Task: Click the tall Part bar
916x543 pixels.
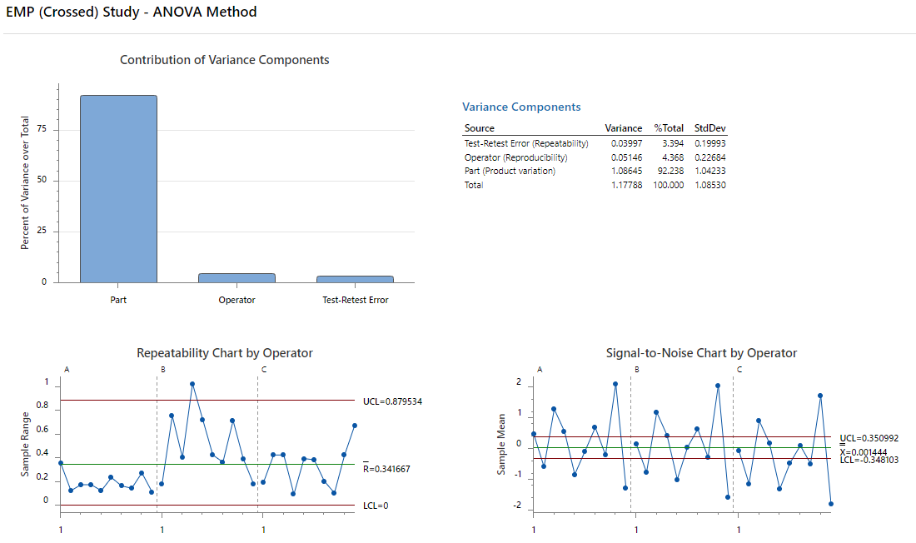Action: [x=118, y=189]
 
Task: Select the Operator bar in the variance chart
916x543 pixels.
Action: [x=236, y=277]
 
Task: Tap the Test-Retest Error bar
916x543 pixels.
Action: [x=355, y=279]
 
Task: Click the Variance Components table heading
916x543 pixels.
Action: [x=521, y=107]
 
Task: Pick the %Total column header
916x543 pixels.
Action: [x=668, y=128]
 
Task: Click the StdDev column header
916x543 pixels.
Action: [x=709, y=128]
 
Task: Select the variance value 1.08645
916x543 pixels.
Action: [x=625, y=171]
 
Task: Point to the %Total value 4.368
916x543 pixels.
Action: [x=672, y=157]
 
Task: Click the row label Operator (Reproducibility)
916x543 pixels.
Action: [x=515, y=157]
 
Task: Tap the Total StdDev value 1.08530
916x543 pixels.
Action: [x=709, y=185]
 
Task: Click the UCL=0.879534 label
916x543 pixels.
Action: [x=392, y=401]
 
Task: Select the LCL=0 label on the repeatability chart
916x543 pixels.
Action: [x=376, y=506]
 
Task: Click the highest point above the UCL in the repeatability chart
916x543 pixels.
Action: [x=192, y=384]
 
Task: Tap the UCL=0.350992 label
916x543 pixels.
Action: [x=869, y=437]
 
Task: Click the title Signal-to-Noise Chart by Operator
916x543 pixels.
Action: [x=701, y=353]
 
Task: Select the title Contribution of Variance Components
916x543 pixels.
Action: [x=225, y=60]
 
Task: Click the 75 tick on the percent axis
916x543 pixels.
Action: [x=42, y=130]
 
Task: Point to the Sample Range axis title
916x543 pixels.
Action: [x=25, y=444]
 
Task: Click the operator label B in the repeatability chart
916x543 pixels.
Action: [x=163, y=369]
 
